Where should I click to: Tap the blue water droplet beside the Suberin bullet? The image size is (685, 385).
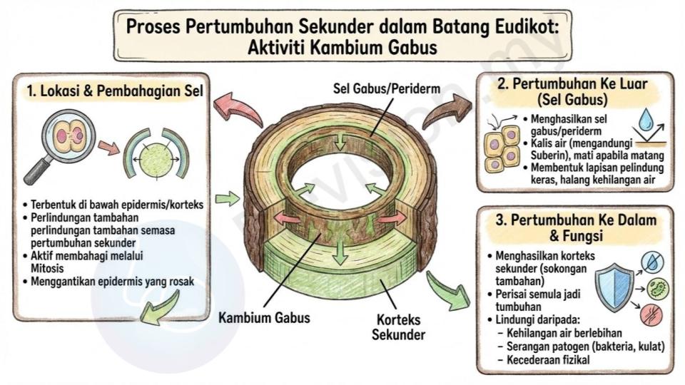(x=645, y=120)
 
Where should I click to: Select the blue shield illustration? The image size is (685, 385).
(x=614, y=287)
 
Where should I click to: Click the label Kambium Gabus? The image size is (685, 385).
(x=264, y=317)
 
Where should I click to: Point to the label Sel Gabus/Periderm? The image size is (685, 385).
(x=387, y=88)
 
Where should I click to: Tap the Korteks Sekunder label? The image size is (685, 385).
(x=398, y=327)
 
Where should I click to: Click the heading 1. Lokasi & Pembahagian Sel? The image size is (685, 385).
(x=115, y=91)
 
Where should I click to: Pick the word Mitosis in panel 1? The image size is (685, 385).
(x=47, y=268)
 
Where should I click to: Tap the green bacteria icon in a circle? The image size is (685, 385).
(x=657, y=289)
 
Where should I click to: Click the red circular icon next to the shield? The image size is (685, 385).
(x=651, y=315)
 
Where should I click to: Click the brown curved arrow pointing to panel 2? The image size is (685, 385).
(x=447, y=111)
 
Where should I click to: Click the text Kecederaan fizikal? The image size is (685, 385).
(x=548, y=359)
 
